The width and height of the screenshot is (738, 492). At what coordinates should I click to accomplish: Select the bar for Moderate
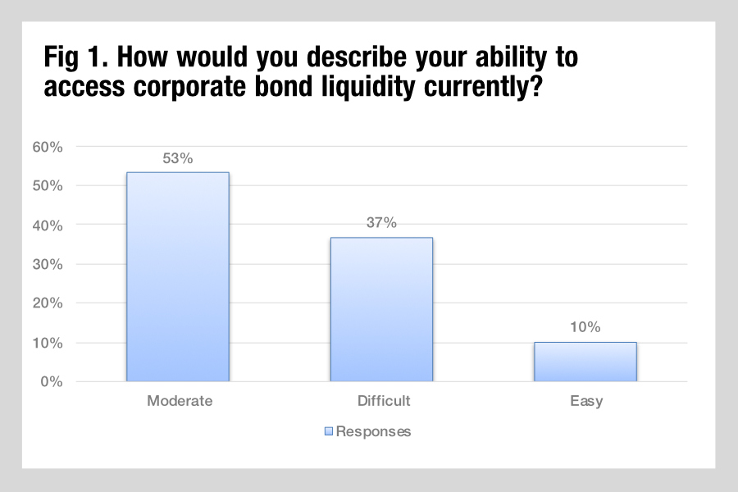[x=178, y=277]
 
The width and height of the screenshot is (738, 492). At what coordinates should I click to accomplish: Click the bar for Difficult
[x=381, y=309]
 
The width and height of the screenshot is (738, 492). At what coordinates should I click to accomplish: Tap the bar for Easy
[x=585, y=362]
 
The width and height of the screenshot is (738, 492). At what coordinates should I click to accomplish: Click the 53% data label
[x=178, y=158]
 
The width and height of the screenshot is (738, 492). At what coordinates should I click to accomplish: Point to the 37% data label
[x=381, y=222]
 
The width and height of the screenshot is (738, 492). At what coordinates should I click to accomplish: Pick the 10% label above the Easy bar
[x=585, y=326]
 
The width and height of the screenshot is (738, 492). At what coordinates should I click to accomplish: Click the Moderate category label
[x=180, y=401]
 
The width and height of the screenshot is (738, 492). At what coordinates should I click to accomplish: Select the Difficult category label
[x=384, y=401]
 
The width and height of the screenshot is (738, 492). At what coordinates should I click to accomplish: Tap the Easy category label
[x=586, y=401]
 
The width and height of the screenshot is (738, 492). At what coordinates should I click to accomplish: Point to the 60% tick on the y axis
[x=48, y=147]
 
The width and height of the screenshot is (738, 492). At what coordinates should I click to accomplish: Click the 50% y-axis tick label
[x=48, y=185]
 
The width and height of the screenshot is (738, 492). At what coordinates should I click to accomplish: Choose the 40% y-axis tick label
[x=48, y=225]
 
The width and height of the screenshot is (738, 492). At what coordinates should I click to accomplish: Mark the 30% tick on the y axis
[x=48, y=264]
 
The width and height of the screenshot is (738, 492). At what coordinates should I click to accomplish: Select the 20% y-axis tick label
[x=48, y=303]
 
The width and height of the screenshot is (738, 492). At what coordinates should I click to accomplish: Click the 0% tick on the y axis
[x=52, y=381]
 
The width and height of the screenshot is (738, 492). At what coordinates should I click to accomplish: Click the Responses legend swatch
[x=329, y=431]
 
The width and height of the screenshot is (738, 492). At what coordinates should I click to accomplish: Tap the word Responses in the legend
[x=374, y=432]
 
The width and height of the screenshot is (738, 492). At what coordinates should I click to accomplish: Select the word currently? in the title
[x=483, y=87]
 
